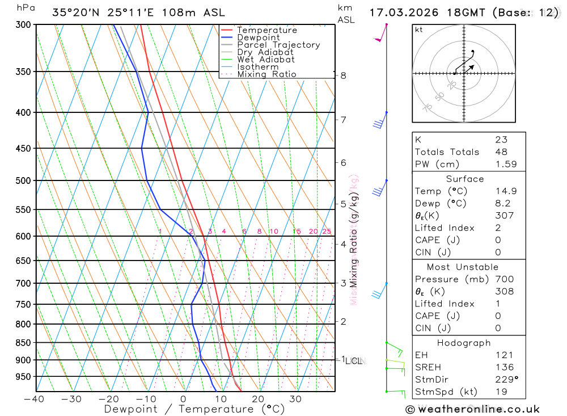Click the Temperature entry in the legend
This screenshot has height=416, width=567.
click(266, 30)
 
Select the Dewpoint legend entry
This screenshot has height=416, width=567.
click(258, 37)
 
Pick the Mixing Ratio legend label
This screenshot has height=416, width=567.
click(266, 74)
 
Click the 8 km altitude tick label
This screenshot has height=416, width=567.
click(344, 75)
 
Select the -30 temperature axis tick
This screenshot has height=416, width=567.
click(71, 399)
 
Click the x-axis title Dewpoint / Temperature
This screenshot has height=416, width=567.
click(194, 409)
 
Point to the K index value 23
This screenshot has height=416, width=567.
click(501, 140)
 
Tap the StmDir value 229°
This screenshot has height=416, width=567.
click(505, 380)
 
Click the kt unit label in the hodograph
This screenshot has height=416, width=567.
click(419, 30)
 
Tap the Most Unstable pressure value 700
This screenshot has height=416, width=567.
click(503, 279)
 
